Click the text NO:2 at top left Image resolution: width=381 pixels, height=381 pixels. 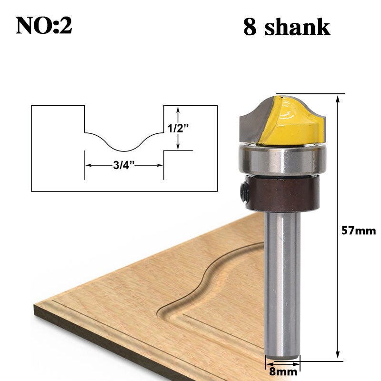click(x=44, y=26)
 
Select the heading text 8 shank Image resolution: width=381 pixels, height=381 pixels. click(x=286, y=27)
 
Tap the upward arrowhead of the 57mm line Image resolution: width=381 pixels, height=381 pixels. click(x=338, y=99)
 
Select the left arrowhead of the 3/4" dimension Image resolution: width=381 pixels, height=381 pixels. click(x=88, y=165)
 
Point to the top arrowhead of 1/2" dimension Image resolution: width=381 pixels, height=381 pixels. click(x=178, y=109)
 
